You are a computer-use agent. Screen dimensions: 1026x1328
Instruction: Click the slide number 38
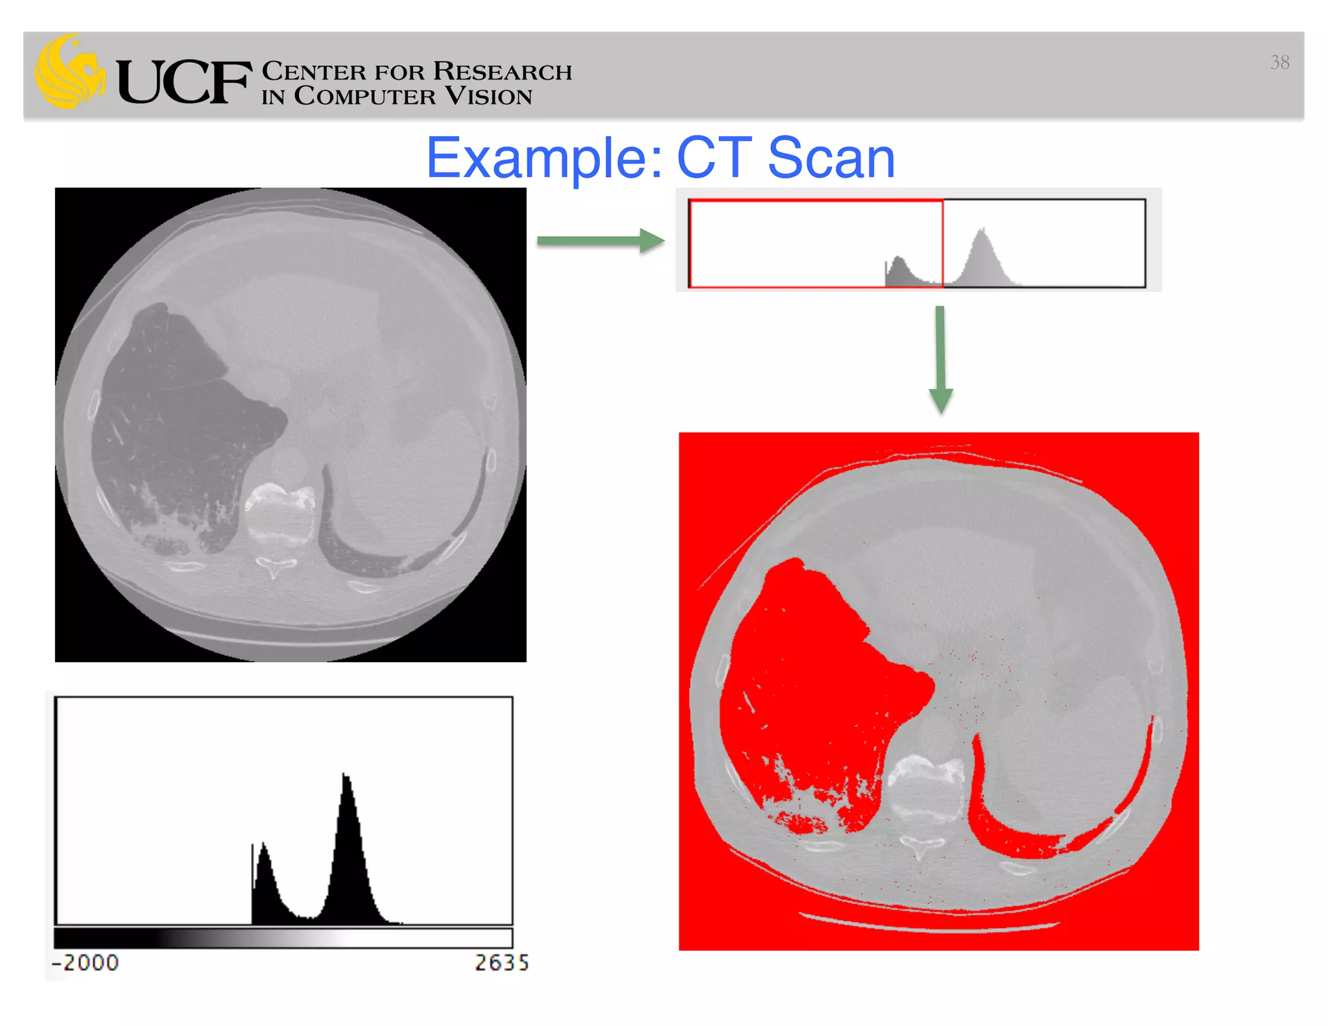pyautogui.click(x=1279, y=62)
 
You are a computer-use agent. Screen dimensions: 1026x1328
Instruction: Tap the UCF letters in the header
pyautogui.click(x=184, y=82)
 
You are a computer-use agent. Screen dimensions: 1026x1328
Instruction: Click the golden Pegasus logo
pyautogui.click(x=69, y=72)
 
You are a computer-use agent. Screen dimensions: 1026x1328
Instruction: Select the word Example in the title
pyautogui.click(x=543, y=159)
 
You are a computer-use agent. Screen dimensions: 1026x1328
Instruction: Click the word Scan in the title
pyautogui.click(x=831, y=159)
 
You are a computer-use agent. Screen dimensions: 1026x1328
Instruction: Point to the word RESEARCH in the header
pyautogui.click(x=503, y=71)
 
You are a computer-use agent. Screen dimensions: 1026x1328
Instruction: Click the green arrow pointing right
pyautogui.click(x=600, y=241)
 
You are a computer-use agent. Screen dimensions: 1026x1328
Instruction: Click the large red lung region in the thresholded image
pyautogui.click(x=817, y=674)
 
